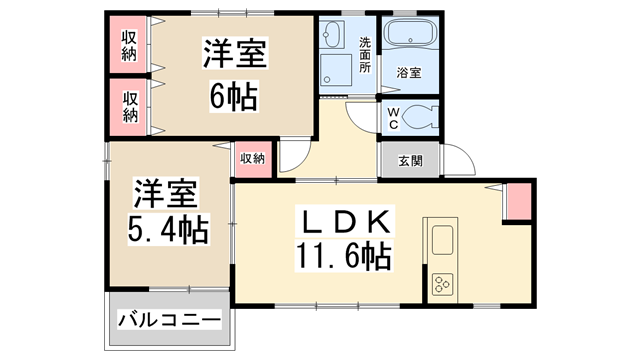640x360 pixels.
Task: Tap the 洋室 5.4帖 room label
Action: [x=167, y=211]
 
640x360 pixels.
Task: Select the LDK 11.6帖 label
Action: [x=342, y=238]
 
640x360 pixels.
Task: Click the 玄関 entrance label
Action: [x=410, y=160]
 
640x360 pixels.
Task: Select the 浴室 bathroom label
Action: [x=408, y=72]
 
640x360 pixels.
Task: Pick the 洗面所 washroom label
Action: [x=365, y=56]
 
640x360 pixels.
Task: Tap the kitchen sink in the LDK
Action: [x=440, y=240]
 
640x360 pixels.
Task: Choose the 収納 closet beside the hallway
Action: [x=253, y=159]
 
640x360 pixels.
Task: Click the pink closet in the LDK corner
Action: [x=518, y=202]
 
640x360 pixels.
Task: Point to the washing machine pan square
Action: [x=334, y=73]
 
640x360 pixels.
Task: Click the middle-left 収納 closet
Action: [x=130, y=106]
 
